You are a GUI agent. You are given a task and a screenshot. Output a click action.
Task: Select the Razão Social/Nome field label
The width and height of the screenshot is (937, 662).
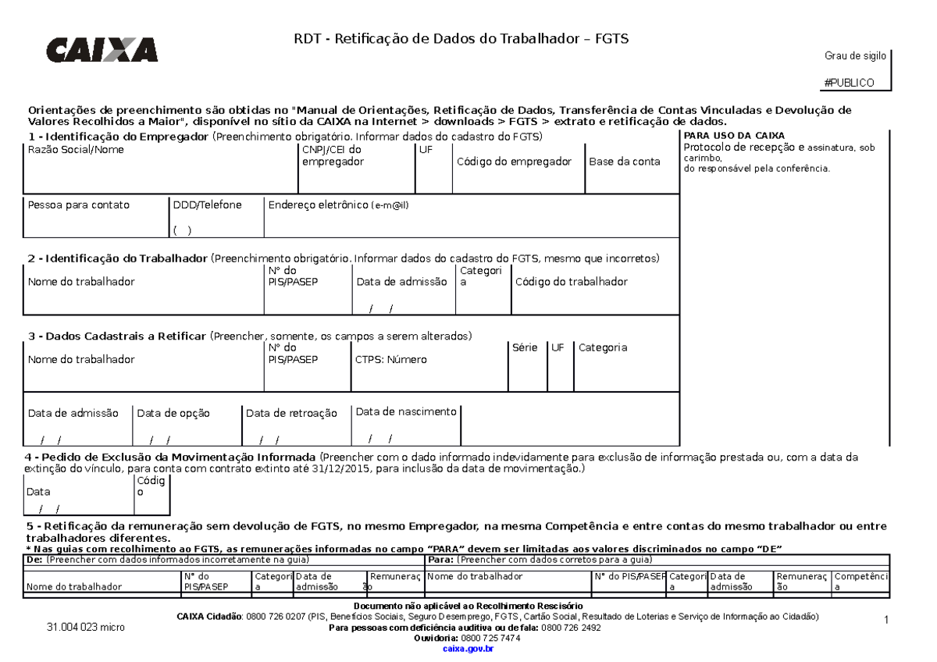tap(76, 149)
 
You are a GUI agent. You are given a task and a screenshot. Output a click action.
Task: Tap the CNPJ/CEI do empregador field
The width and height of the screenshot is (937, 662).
tap(332, 155)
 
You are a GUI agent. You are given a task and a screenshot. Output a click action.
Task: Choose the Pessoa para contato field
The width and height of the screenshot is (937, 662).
tap(78, 205)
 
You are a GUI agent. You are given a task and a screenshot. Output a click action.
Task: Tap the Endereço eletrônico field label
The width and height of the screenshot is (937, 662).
tap(338, 205)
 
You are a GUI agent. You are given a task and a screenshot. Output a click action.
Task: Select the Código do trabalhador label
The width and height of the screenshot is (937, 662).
tap(571, 282)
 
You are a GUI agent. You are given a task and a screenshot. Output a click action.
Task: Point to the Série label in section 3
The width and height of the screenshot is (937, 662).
tap(525, 347)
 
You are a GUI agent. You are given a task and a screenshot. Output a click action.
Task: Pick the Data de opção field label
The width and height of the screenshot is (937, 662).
tap(173, 413)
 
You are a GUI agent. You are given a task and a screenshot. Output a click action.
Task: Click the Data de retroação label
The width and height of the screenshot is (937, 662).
tap(291, 413)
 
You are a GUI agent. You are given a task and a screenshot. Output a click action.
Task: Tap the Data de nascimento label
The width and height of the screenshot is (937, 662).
tap(406, 411)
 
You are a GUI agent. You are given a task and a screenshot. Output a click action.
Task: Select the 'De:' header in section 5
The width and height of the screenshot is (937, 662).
tap(34, 560)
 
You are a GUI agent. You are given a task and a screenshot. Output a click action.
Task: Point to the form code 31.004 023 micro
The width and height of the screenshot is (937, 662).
tap(85, 627)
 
